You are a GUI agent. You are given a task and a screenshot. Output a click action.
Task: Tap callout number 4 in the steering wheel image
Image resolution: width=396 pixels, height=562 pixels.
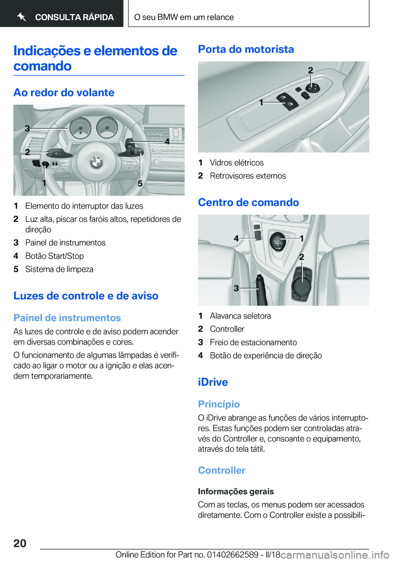click(167, 142)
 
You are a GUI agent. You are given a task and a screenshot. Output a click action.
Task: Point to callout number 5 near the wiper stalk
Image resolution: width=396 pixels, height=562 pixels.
click(140, 183)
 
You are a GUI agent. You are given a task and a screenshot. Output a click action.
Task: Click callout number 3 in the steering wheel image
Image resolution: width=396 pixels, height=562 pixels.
click(27, 128)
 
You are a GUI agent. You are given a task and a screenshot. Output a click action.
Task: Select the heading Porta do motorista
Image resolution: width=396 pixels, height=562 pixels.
click(246, 49)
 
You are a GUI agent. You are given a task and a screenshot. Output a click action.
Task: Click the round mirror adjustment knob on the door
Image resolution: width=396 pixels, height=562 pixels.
click(312, 87)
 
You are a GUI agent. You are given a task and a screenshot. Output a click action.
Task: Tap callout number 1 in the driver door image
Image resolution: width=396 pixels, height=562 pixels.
click(261, 102)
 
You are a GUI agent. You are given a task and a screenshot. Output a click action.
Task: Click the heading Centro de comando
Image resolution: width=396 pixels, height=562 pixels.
click(248, 202)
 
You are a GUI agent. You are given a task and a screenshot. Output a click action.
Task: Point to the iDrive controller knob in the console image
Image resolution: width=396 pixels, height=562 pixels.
click(302, 284)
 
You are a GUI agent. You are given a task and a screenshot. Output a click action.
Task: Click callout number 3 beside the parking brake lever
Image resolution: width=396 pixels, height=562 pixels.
click(236, 288)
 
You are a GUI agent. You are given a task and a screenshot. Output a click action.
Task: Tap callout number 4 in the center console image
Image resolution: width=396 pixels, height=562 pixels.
click(236, 238)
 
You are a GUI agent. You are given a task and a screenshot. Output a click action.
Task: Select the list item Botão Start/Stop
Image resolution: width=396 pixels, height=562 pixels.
click(54, 256)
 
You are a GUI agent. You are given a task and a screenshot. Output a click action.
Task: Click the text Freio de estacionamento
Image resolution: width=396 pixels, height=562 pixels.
click(253, 342)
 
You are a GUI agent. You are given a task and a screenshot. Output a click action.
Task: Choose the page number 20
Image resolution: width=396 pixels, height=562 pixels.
click(20, 543)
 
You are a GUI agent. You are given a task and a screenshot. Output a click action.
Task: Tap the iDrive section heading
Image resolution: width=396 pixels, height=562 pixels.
click(213, 382)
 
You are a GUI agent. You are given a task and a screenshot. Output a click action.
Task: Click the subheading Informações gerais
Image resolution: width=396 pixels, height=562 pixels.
click(236, 491)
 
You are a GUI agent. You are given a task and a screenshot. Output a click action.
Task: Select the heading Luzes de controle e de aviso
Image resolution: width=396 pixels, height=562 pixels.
click(86, 295)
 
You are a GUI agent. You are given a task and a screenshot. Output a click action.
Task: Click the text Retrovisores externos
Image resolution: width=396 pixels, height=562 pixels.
click(247, 176)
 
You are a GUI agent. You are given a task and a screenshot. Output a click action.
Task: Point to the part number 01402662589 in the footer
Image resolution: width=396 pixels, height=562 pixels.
click(232, 555)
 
